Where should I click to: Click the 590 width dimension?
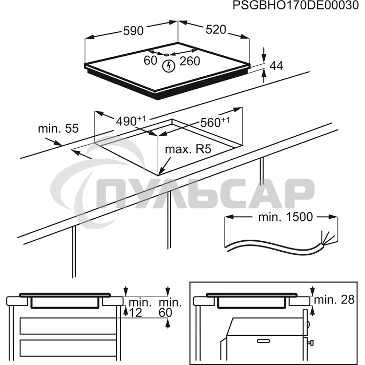133,31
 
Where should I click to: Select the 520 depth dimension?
216,30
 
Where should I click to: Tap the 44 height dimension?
276,66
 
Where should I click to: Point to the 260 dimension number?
190,61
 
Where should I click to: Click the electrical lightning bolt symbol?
168,66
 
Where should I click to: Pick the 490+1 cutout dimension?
131,121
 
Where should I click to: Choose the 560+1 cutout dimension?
215,122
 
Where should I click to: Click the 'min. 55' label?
58,128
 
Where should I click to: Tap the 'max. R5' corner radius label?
188,149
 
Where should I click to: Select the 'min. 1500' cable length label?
286,217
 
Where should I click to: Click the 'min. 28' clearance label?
334,300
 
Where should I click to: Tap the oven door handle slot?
264,341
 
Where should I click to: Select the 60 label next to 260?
150,61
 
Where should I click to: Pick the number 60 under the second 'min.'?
166,313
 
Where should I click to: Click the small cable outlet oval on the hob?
167,55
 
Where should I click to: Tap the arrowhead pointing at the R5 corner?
161,172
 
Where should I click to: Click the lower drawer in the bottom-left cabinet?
68,348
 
